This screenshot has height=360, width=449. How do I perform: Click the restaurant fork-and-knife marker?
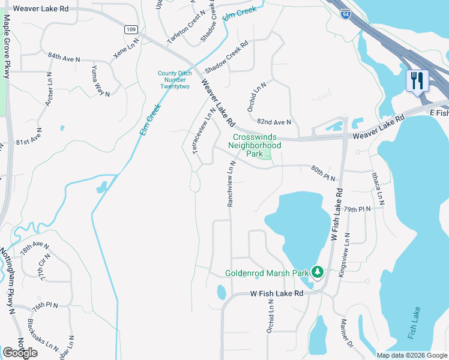[x=417, y=80]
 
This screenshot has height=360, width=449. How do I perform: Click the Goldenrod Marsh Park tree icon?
[x=317, y=273]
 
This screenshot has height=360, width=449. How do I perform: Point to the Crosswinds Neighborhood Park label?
[x=257, y=145]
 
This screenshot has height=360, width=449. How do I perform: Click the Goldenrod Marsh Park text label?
[x=267, y=273]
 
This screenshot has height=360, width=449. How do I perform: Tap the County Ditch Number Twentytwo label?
[x=174, y=80]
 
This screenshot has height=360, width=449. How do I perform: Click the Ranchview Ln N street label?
[x=231, y=187]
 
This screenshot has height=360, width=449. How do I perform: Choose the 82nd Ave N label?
[x=274, y=122]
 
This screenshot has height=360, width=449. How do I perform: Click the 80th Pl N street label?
[x=325, y=172]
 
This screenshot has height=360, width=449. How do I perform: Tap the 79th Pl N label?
[x=357, y=209]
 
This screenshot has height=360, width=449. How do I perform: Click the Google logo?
[x=20, y=353]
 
